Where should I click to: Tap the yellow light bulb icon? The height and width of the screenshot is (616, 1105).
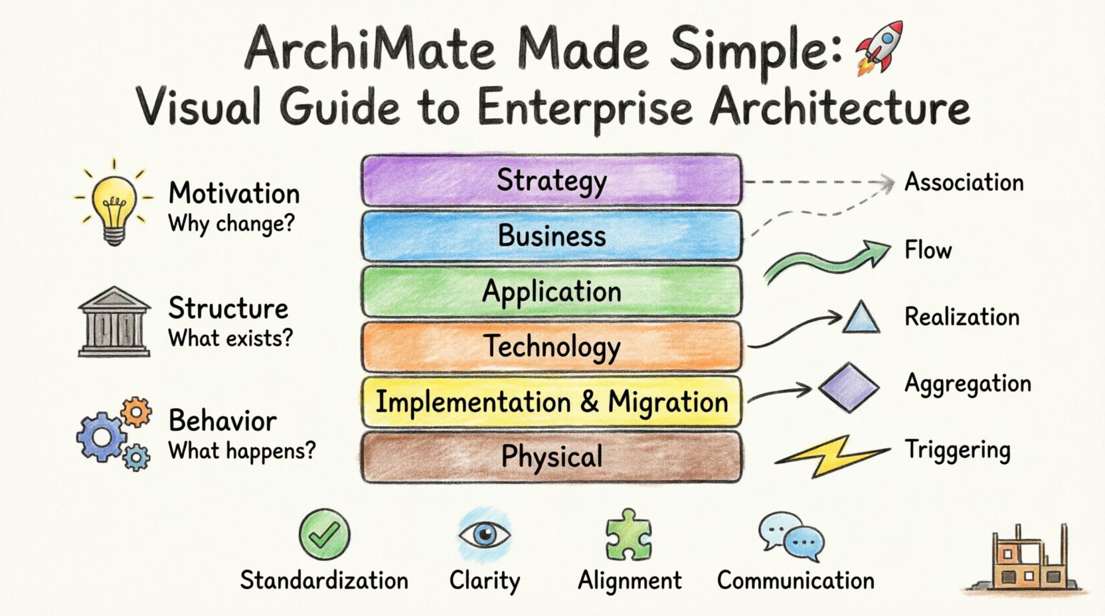(114, 202)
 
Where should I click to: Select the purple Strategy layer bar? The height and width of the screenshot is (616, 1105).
(551, 181)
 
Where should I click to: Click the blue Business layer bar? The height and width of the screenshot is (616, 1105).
(551, 236)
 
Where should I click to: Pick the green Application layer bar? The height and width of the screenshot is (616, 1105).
(551, 291)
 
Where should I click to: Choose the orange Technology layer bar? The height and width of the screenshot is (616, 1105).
(551, 346)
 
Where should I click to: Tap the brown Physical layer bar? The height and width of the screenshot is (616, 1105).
(551, 457)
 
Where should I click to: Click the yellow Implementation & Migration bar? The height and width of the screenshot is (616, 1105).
(551, 402)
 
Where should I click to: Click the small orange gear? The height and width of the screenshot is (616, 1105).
(137, 412)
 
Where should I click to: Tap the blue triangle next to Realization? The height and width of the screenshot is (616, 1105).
(861, 318)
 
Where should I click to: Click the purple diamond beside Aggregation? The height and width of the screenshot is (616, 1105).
(848, 387)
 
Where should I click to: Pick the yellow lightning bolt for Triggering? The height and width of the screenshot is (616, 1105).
(830, 456)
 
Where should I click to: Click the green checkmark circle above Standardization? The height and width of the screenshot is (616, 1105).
(324, 534)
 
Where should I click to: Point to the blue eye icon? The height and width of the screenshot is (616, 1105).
(484, 534)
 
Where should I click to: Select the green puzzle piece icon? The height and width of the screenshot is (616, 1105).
(628, 535)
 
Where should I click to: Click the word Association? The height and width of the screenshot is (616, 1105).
(964, 183)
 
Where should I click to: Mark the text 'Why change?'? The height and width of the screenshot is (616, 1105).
(230, 224)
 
